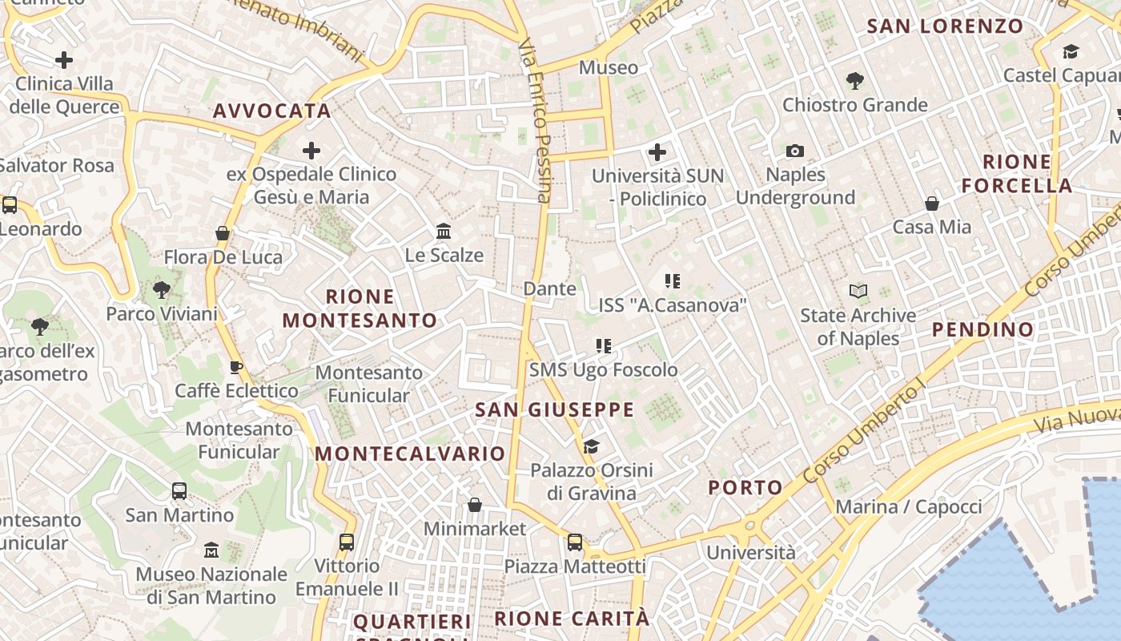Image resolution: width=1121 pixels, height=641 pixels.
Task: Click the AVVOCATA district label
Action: point(272,111)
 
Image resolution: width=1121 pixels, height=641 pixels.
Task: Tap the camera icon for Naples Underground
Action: point(794,151)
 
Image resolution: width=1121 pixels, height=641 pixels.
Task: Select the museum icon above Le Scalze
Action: point(444,232)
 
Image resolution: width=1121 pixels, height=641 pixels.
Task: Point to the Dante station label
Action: point(549,288)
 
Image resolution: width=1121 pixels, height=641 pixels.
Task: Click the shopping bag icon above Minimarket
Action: point(475,505)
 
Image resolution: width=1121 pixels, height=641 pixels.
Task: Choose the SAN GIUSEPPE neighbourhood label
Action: point(554,410)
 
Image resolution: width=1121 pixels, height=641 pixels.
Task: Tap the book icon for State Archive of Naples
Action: point(858,292)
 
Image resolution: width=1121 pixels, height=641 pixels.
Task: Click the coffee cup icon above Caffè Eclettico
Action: point(236,368)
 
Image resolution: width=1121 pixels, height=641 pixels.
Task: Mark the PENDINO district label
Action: point(983,329)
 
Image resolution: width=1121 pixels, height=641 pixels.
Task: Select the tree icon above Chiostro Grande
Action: point(854,80)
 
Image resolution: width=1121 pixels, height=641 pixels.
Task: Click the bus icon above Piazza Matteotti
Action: point(575,542)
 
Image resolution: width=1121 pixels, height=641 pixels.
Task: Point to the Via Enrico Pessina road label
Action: point(535,120)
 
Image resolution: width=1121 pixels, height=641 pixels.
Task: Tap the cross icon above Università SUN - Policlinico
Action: point(657,151)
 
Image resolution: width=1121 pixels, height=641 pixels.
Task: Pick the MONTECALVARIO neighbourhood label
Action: point(410,454)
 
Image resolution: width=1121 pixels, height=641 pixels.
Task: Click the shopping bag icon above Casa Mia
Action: point(932,204)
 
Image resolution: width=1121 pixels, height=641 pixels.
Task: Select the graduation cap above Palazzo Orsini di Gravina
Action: point(592,446)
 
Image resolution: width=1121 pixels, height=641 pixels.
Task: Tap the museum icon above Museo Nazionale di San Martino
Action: point(211,550)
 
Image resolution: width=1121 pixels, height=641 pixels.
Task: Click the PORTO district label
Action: point(745,488)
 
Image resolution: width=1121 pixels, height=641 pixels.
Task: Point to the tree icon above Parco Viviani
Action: point(162,290)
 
